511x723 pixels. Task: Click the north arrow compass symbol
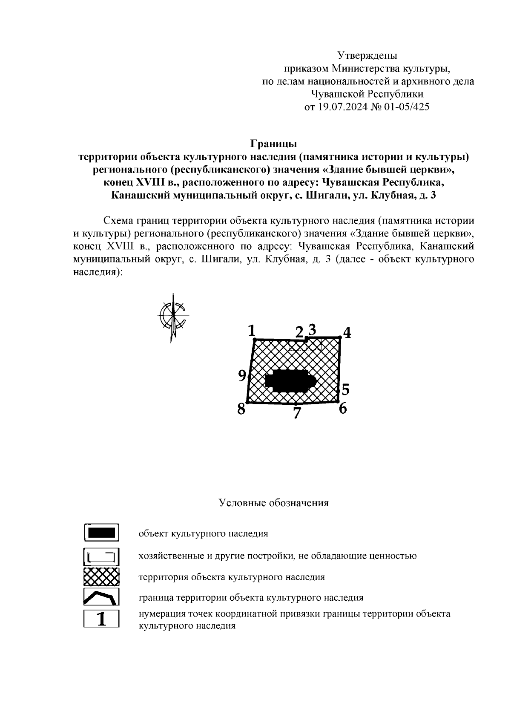click(173, 317)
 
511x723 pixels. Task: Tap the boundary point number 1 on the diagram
click(251, 330)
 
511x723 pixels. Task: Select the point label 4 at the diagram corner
click(347, 333)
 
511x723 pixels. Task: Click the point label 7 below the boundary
click(297, 413)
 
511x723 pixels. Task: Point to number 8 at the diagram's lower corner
click(241, 409)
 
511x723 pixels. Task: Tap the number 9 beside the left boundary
click(242, 375)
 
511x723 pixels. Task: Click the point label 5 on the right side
click(345, 389)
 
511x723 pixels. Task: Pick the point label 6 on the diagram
click(343, 409)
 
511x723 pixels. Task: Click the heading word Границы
click(273, 144)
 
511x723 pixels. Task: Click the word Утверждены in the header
click(367, 55)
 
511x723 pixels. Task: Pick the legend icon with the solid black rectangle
click(101, 533)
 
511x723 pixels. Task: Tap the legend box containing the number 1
click(101, 619)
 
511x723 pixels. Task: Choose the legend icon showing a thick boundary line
click(101, 597)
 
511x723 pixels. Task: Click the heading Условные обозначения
click(273, 503)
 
